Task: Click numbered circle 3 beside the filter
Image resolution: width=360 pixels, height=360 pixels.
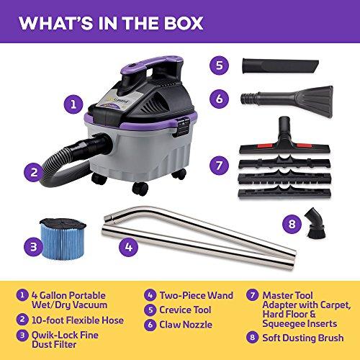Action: pyautogui.click(x=30, y=248)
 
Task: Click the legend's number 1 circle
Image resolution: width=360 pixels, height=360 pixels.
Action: pyautogui.click(x=24, y=294)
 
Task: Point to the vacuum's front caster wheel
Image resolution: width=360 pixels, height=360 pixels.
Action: pyautogui.click(x=140, y=189)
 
